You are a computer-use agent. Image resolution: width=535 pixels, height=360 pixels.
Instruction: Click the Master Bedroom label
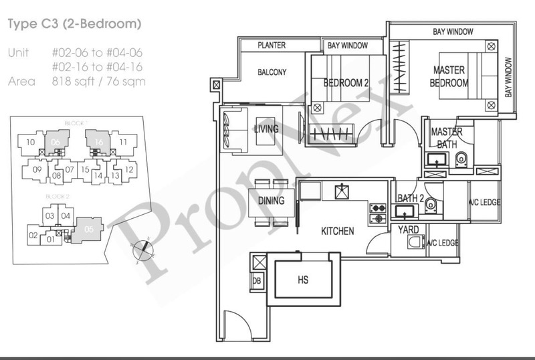(x=449, y=76)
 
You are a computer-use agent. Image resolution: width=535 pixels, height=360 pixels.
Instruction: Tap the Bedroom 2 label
(x=346, y=83)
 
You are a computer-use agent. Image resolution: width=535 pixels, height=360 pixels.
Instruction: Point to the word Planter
(x=272, y=46)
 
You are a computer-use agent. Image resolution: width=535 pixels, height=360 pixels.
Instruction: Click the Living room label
(x=265, y=129)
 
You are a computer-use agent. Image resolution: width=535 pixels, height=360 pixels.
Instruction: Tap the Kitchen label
(x=337, y=231)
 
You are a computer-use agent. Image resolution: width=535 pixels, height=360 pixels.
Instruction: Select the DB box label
(x=257, y=281)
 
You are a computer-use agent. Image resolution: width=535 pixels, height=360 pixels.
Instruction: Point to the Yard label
(x=408, y=230)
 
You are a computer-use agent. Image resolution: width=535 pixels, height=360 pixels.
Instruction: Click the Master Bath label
(x=447, y=138)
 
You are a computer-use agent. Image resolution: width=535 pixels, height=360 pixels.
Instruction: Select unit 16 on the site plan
(x=98, y=142)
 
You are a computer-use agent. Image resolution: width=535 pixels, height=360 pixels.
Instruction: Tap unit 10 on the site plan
(x=29, y=142)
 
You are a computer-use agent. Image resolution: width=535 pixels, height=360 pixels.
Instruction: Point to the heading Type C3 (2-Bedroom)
(x=74, y=25)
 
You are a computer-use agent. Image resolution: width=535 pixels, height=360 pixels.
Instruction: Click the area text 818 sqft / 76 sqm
(x=98, y=82)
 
